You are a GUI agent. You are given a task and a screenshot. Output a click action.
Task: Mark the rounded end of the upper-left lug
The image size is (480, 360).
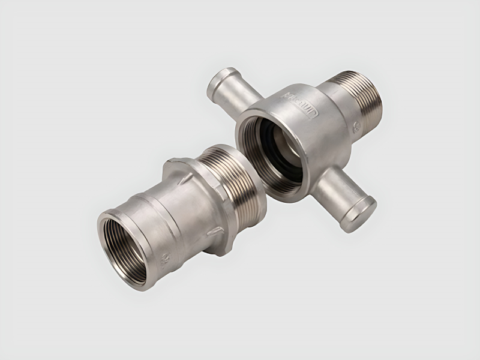(217, 81)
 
